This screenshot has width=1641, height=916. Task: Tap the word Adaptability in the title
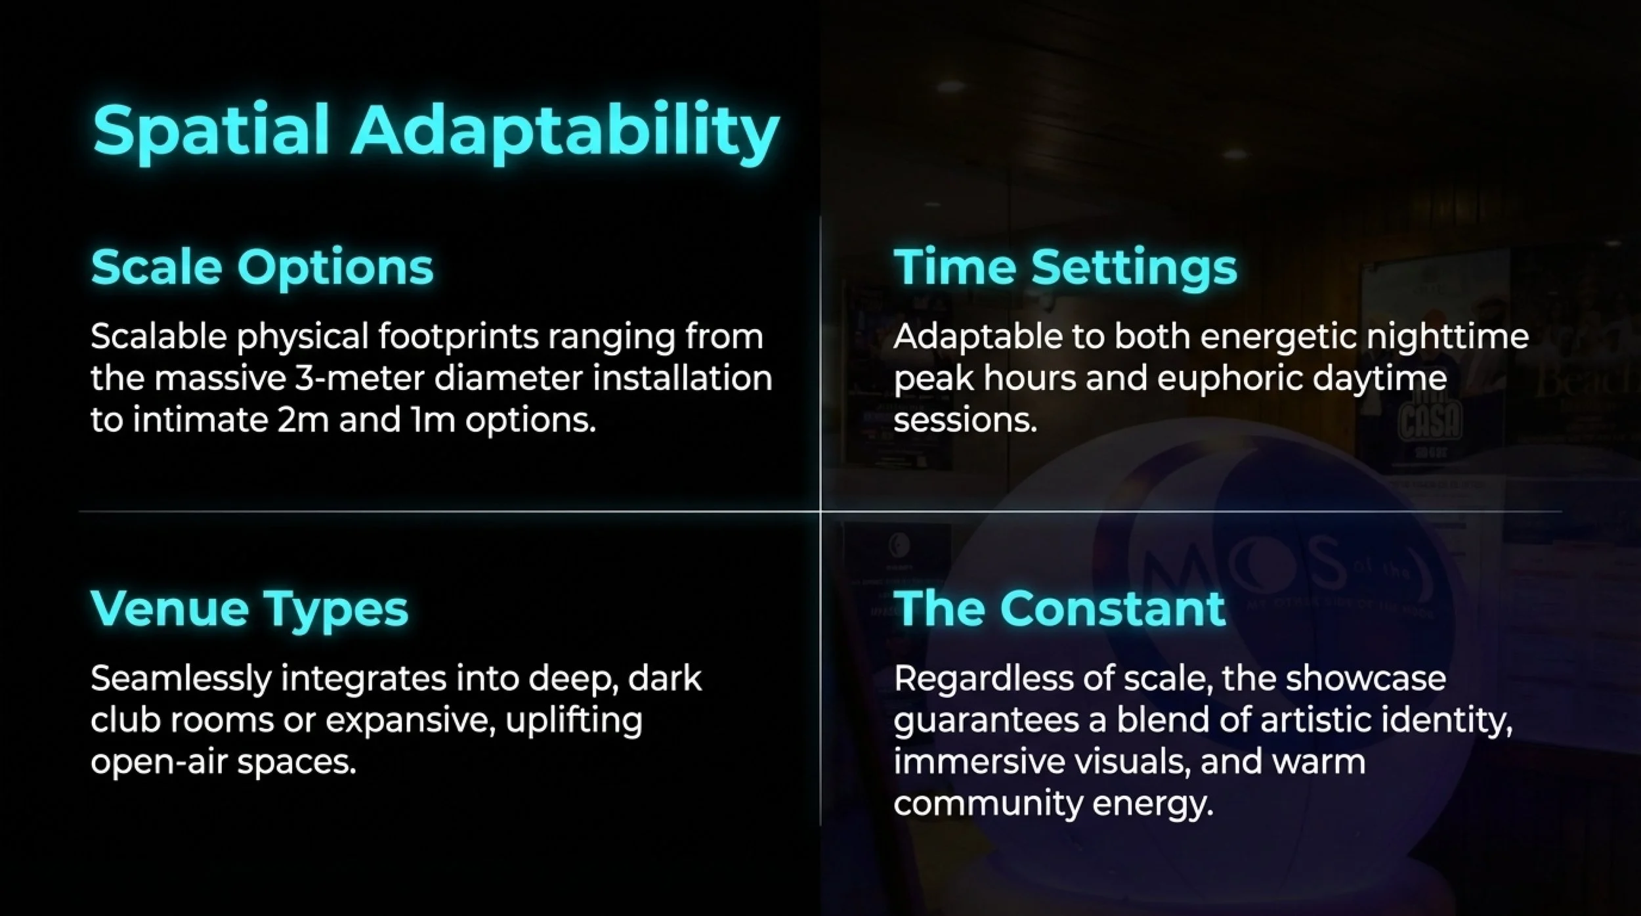coord(566,131)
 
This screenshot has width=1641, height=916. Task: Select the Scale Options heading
coord(262,267)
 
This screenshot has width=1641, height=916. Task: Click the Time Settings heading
coord(1065,267)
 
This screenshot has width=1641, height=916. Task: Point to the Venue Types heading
coord(249,608)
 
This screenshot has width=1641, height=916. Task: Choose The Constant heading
coord(1059,608)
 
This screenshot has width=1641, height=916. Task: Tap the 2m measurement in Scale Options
coord(303,420)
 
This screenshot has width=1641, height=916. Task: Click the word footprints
coord(458,337)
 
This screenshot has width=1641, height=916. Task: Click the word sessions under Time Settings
coord(965,420)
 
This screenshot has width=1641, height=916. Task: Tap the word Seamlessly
coord(181,678)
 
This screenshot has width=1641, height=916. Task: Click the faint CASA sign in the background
coord(1430,421)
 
